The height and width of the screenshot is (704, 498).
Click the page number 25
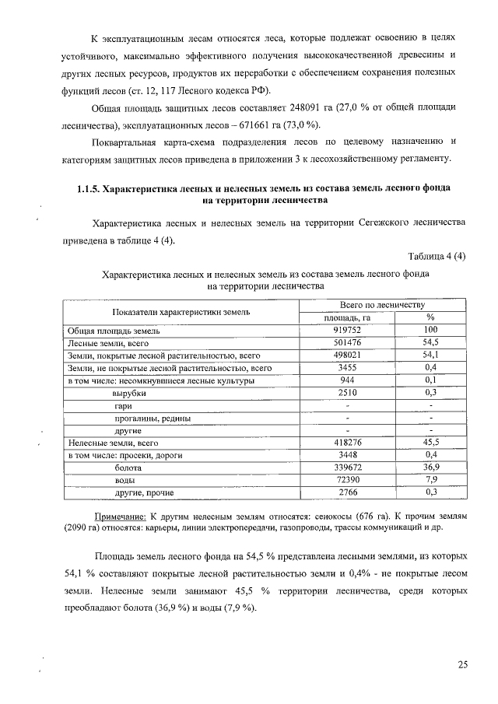click(x=462, y=664)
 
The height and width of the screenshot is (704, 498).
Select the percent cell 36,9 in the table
click(x=430, y=468)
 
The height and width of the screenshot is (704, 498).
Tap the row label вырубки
click(x=130, y=393)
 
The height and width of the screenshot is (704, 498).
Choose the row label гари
click(x=123, y=405)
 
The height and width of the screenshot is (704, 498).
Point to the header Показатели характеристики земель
click(x=181, y=311)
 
